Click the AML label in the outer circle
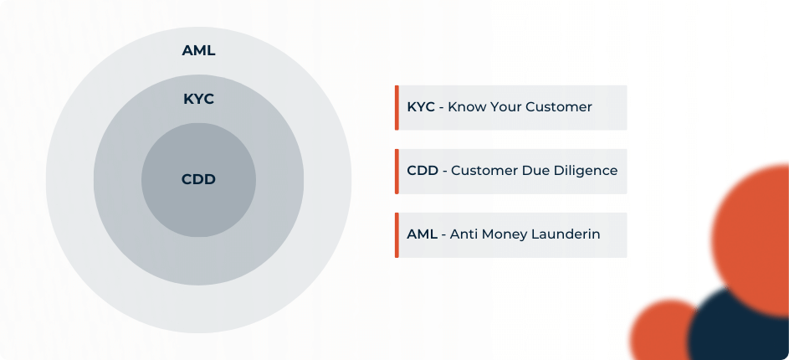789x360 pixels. point(198,51)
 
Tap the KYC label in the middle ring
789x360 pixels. point(198,99)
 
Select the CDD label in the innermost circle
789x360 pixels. point(198,179)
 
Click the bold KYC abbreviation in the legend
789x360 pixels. point(421,107)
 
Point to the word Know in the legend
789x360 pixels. point(467,107)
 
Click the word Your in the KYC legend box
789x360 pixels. point(506,107)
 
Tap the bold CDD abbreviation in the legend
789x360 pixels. point(423,171)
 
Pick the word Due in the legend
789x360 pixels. point(535,171)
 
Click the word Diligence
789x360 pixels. point(586,171)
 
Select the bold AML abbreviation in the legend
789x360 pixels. point(422,234)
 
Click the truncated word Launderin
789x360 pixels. point(566,234)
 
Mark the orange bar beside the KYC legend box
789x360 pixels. point(397,107)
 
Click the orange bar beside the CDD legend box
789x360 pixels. point(397,171)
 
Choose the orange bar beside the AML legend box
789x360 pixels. point(397,234)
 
